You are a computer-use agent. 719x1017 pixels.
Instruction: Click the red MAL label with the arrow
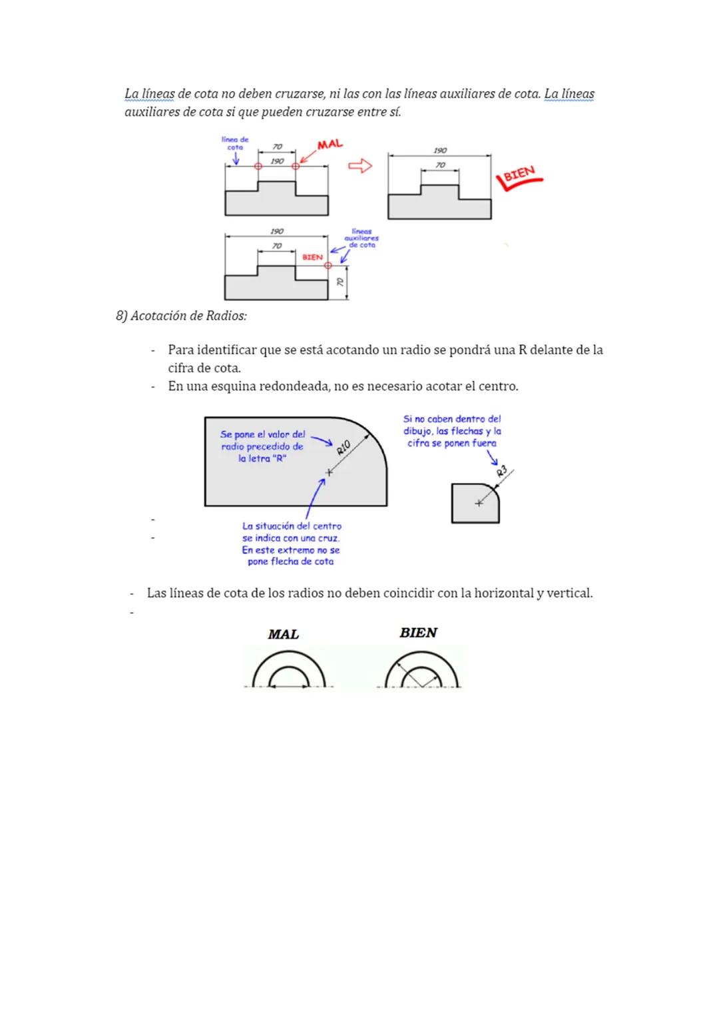tap(330, 145)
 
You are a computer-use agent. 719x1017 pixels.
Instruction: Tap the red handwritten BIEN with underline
tap(519, 175)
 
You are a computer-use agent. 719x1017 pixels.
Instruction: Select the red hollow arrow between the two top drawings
tap(360, 166)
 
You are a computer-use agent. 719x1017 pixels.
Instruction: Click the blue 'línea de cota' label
tap(235, 143)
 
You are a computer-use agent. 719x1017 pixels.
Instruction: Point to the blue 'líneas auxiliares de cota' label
tap(361, 238)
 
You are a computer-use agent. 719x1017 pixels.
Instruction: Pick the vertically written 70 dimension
tap(340, 282)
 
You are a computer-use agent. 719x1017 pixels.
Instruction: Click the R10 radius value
tap(344, 448)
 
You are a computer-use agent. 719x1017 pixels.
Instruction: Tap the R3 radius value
tap(502, 472)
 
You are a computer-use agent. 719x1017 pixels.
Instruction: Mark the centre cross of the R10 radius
tap(328, 472)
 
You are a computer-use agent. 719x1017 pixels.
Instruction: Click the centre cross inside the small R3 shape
tap(478, 504)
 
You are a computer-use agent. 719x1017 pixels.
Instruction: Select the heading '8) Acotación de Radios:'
tap(181, 316)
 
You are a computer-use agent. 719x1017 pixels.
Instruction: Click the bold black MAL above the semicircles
tap(284, 634)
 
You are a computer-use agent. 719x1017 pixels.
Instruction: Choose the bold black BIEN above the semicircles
tap(418, 633)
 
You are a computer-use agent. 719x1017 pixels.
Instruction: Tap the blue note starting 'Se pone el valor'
tap(262, 446)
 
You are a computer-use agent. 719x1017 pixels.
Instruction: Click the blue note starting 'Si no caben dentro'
tap(452, 431)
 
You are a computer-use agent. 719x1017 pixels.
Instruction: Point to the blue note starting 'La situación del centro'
tap(292, 543)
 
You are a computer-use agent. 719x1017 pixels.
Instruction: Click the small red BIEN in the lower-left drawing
tap(312, 257)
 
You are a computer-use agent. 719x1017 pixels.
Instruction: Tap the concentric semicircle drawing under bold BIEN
tap(421, 670)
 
